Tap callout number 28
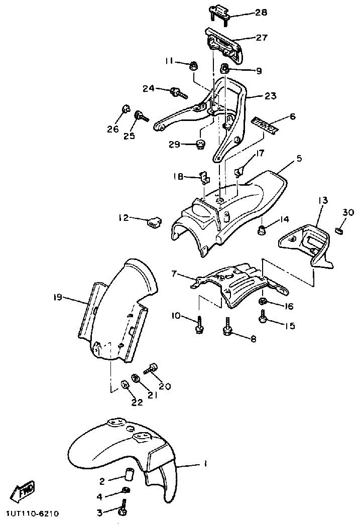pyautogui.click(x=261, y=12)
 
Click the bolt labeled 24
pyautogui.click(x=178, y=92)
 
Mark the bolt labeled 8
pyautogui.click(x=227, y=327)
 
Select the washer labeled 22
pyautogui.click(x=124, y=385)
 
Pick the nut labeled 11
pyautogui.click(x=193, y=65)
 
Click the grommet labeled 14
pyautogui.click(x=262, y=230)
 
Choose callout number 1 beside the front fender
pyautogui.click(x=204, y=464)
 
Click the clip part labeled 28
pyautogui.click(x=218, y=12)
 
